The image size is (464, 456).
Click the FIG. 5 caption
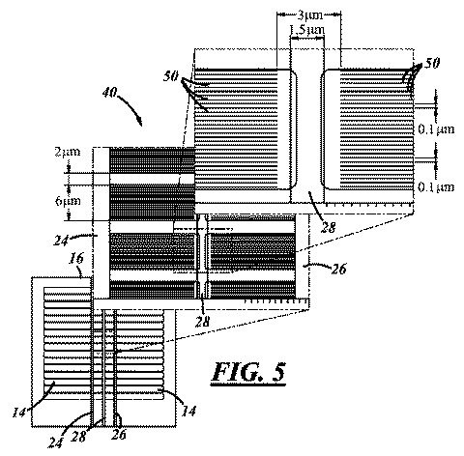[x=248, y=373]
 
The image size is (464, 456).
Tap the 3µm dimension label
[x=309, y=15]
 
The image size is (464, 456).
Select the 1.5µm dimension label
[x=307, y=30]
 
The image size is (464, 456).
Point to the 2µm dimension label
[x=68, y=152]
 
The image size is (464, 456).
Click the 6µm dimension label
[x=68, y=201]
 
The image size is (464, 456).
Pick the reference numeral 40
[x=110, y=93]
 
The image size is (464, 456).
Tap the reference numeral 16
[x=76, y=259]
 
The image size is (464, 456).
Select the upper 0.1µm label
[x=436, y=129]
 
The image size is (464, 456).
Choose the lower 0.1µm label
[x=436, y=187]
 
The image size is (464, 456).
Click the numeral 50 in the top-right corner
[x=431, y=64]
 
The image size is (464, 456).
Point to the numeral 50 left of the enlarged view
[x=171, y=76]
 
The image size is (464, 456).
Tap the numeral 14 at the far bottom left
[x=18, y=413]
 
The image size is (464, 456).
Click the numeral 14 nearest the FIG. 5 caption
[x=189, y=412]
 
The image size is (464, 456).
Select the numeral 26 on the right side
[x=338, y=269]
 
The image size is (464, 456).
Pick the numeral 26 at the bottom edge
[x=119, y=435]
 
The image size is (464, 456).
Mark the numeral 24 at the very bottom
[x=56, y=443]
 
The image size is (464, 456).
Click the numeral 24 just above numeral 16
[x=61, y=241]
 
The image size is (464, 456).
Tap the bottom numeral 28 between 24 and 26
[x=79, y=437]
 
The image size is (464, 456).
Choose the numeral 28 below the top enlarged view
[x=329, y=228]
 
